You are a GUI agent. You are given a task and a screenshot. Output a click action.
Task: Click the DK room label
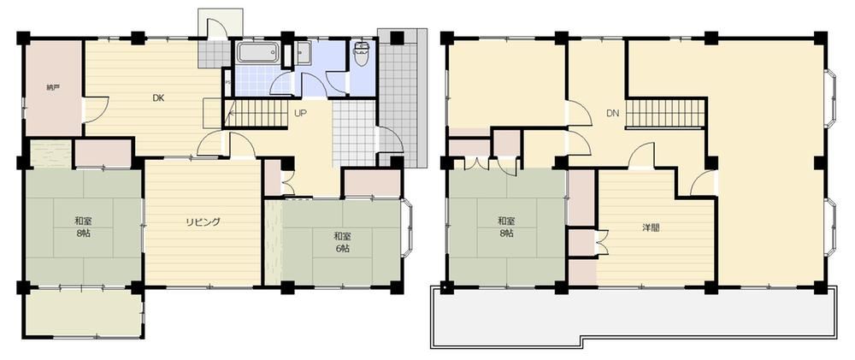coord(158,98)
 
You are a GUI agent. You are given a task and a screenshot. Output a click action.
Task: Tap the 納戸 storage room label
coord(52,86)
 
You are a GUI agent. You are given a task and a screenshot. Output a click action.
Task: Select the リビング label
coord(203,222)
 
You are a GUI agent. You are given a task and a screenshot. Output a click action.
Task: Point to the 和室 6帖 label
coord(342,242)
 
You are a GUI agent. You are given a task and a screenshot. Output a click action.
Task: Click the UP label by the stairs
coord(300,114)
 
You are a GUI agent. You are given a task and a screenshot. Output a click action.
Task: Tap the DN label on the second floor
coord(612,114)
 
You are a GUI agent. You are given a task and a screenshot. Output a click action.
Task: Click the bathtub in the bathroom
coord(258,54)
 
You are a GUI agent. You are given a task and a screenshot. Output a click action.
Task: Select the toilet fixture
coord(361,54)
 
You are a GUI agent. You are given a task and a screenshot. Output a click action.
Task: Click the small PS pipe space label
coord(227,84)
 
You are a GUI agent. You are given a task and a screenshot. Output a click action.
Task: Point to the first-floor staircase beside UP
coord(256,114)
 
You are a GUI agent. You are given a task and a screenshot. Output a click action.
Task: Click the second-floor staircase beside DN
coord(665,113)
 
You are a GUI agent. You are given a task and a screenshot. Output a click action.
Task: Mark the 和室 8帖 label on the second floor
coord(505,227)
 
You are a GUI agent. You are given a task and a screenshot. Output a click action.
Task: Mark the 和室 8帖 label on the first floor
coord(83,227)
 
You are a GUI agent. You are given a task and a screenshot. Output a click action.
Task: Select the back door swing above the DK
coord(218,28)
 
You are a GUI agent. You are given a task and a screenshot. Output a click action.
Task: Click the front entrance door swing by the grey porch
coord(391,139)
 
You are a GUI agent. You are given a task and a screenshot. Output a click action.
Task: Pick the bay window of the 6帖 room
coord(406,228)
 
